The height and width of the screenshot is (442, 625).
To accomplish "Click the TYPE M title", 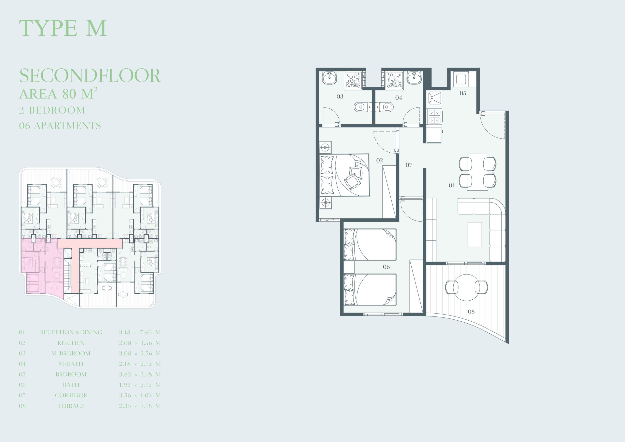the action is [62, 28].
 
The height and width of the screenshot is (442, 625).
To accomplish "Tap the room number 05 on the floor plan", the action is [463, 93].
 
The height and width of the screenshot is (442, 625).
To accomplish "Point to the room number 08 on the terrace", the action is [471, 312].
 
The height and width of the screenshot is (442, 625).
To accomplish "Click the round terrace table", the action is [467, 287].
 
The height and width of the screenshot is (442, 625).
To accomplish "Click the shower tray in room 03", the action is [353, 80].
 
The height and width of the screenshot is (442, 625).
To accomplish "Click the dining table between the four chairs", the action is [478, 172].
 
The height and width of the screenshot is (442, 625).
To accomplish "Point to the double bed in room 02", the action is [344, 175].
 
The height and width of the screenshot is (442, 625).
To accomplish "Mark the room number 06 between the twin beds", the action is [386, 267].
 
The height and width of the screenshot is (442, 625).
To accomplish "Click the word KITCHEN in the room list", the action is [71, 343].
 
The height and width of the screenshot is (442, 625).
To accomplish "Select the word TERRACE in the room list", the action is [71, 406].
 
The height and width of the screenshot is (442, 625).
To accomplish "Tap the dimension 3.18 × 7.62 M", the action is [140, 332].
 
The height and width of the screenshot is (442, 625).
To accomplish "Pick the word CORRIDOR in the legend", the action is [71, 395].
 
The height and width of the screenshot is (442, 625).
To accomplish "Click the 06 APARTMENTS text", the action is [60, 126].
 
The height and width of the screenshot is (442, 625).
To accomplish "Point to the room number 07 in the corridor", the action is [409, 165].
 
